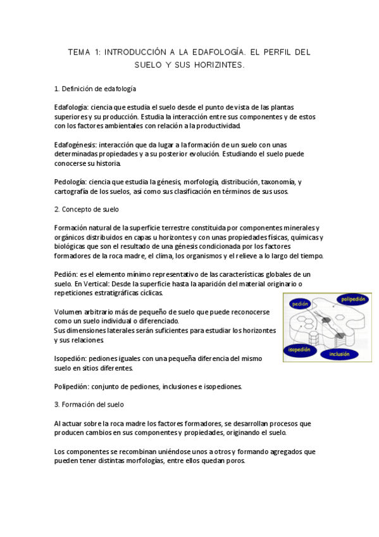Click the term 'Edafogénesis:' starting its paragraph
coord(75,145)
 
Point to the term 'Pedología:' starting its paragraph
coord(70,182)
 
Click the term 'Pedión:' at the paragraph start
coord(66,274)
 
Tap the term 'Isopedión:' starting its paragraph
coord(71,358)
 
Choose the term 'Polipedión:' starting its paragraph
coord(72,386)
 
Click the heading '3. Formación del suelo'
coord(89,404)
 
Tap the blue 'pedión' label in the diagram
coord(301,304)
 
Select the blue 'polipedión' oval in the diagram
coord(352,299)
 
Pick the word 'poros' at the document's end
coord(233,461)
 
